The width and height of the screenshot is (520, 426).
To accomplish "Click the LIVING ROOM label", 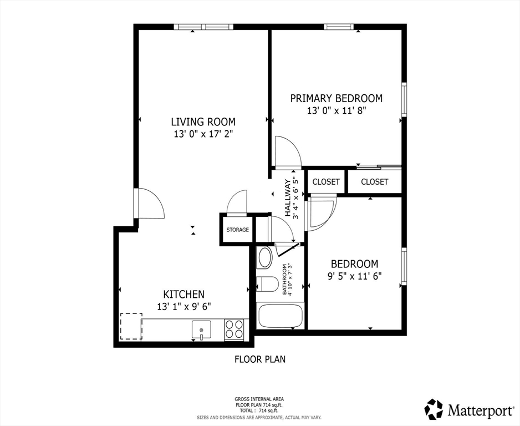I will [x=203, y=121].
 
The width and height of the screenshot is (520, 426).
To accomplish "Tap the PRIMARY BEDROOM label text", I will [x=337, y=98].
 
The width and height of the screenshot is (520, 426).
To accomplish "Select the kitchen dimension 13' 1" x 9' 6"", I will [x=183, y=306].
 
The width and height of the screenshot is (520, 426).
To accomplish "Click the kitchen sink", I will [x=201, y=329].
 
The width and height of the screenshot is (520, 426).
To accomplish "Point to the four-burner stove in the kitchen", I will [x=234, y=329].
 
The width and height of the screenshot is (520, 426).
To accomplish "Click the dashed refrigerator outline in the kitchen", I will [x=131, y=326].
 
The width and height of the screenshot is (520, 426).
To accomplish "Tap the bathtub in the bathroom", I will [x=280, y=316].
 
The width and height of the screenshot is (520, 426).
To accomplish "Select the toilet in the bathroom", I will [x=267, y=285].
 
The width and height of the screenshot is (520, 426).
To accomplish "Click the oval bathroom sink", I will [x=265, y=258].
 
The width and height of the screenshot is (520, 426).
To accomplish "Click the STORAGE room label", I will [x=237, y=230].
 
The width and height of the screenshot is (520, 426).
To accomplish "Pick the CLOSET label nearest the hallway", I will [x=326, y=181].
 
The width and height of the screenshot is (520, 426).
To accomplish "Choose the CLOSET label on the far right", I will [x=375, y=181].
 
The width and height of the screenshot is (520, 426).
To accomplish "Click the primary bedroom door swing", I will [x=287, y=152].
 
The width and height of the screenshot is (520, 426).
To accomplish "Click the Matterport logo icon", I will [x=434, y=409].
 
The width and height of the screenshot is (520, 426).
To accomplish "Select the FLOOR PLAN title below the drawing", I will [x=260, y=359].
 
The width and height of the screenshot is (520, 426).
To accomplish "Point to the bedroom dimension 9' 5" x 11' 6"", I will [x=354, y=276].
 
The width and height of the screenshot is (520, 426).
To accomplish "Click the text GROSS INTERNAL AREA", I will [x=259, y=399].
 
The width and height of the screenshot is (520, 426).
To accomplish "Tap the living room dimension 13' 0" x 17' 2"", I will [x=203, y=134].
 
